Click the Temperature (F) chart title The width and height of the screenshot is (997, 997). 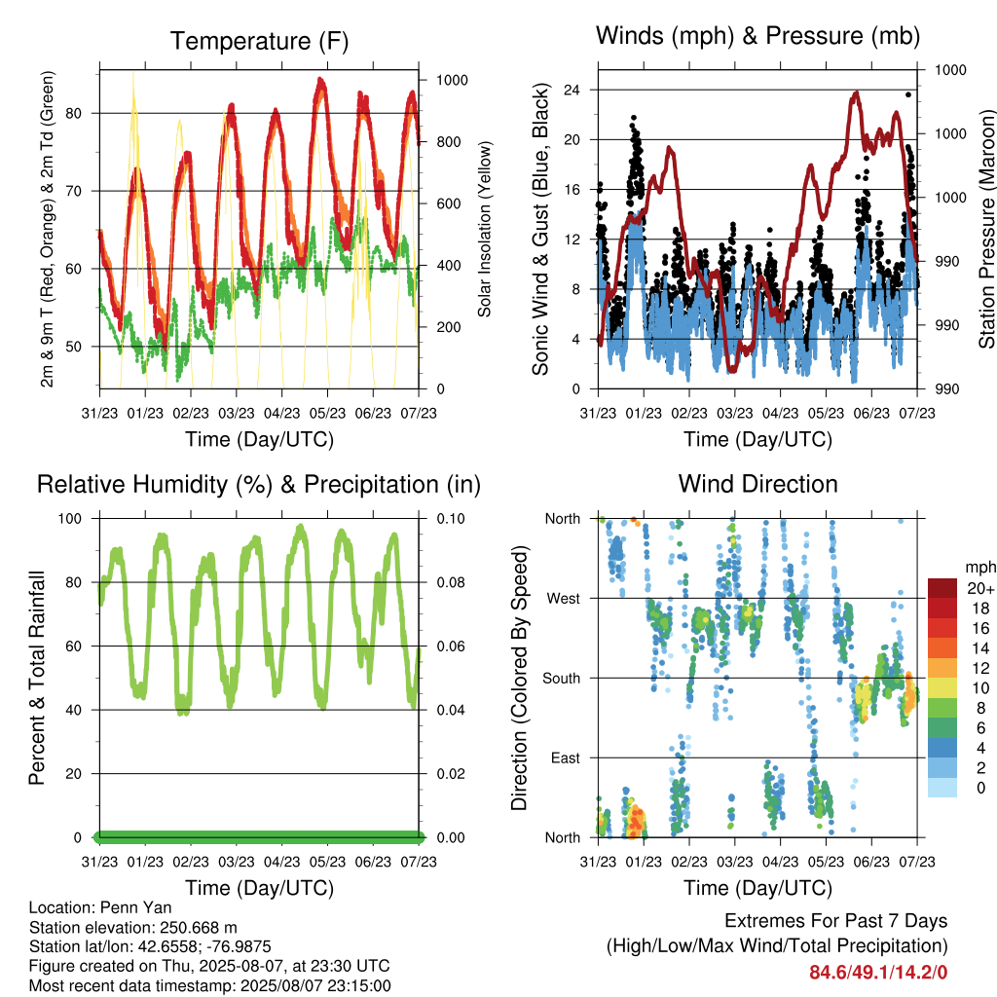point(259,41)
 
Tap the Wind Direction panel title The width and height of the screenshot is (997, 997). point(757,484)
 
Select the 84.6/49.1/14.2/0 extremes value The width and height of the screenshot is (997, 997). point(878,973)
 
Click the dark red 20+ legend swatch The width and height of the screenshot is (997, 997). point(942,588)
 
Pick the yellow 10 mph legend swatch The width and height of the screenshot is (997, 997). point(942,688)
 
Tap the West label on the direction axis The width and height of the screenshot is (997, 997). point(564,599)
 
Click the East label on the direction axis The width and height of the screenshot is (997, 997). point(566,757)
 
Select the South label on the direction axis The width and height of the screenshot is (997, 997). point(562,679)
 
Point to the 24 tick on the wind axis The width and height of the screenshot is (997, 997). point(572,90)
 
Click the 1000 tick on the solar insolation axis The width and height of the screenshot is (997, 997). point(452,80)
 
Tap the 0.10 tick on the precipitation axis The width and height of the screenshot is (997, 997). point(451,518)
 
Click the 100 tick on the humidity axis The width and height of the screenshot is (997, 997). point(70,518)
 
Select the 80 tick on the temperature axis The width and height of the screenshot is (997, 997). point(74,113)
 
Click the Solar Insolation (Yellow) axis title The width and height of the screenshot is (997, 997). point(485,229)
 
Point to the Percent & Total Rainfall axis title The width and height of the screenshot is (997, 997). point(37,678)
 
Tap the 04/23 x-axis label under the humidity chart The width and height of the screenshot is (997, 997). point(281,862)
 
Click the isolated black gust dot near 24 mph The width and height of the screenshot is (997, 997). point(908,94)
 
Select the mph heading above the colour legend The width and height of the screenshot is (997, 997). point(979,568)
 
